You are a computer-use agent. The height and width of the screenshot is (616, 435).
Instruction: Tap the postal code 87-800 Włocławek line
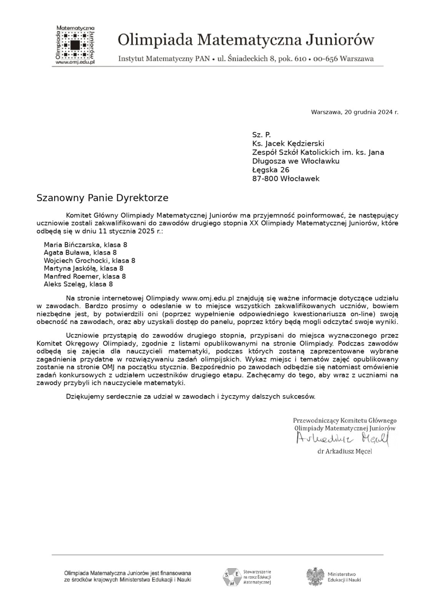pos(286,179)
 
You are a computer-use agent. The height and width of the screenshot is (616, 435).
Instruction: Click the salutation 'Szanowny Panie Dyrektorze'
pos(102,198)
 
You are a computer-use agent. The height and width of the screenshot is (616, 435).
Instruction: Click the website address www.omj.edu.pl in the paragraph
pos(208,298)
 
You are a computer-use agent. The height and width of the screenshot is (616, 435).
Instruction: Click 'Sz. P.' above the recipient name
pos(262,135)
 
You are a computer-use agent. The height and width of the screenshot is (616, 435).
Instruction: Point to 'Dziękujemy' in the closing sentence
pos(85,397)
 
